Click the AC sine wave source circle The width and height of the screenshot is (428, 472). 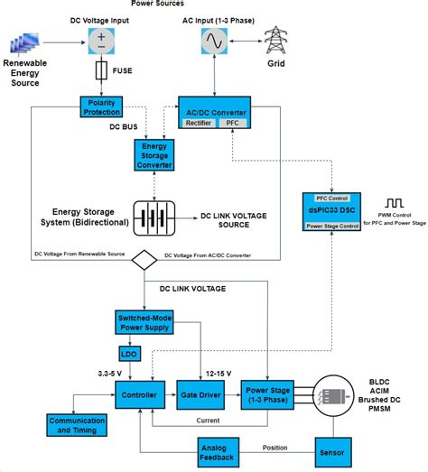click(216, 41)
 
